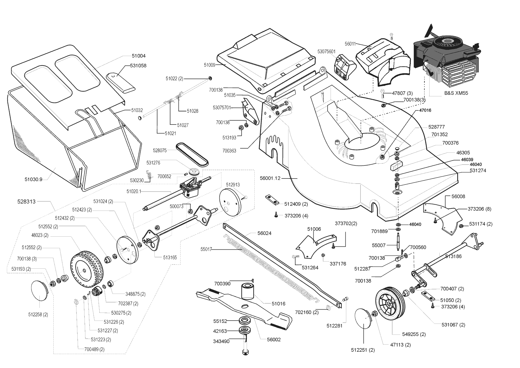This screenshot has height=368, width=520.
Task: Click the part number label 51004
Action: coord(139,56)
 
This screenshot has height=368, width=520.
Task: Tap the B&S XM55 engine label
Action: coord(456,93)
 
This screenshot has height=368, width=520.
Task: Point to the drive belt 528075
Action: coord(192,154)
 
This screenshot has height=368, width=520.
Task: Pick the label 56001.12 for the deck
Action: coord(270,178)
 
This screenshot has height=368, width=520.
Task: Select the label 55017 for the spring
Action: coord(206,249)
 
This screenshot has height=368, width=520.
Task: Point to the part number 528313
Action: coord(26,201)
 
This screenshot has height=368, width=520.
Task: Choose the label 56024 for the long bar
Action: coord(264,233)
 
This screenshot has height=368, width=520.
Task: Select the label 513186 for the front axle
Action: coord(453,256)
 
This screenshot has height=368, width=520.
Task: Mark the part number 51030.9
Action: coord(34,179)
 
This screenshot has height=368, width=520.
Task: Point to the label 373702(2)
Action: coord(346,223)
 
